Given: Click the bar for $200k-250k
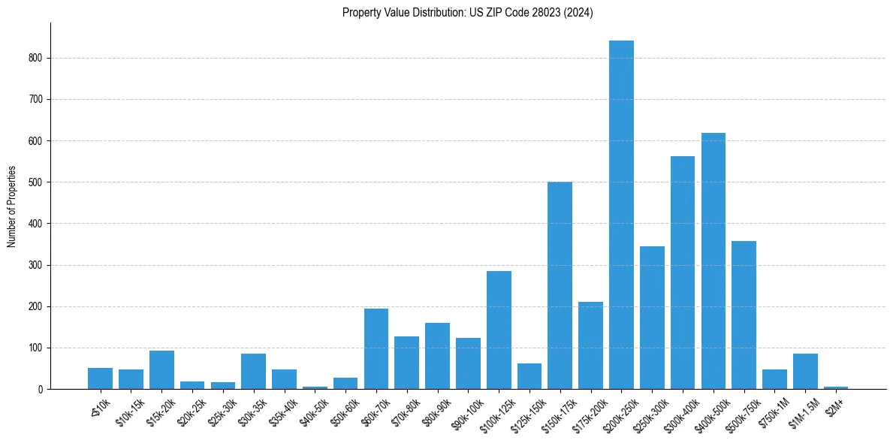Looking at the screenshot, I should pyautogui.click(x=621, y=215).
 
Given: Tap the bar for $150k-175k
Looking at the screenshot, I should pyautogui.click(x=560, y=285).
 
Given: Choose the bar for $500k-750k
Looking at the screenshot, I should pyautogui.click(x=744, y=315).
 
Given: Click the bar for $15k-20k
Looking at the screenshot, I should pyautogui.click(x=161, y=370).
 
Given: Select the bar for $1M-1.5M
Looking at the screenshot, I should pyautogui.click(x=805, y=372).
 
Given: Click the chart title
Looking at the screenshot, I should pyautogui.click(x=468, y=13).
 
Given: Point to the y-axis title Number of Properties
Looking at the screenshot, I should pyautogui.click(x=12, y=206).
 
